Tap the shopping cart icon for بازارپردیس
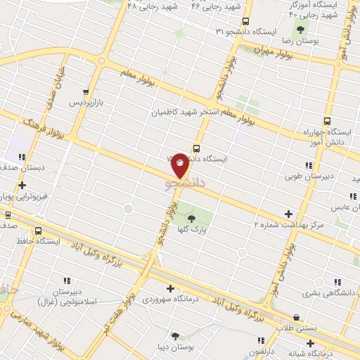point(85,92)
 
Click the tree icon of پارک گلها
point(191,219)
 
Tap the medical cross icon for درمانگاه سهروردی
point(170,288)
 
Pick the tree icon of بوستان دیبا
point(175,335)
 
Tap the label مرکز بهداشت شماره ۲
point(288,224)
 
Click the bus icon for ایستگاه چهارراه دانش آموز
point(327,120)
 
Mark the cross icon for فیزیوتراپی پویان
point(22,185)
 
